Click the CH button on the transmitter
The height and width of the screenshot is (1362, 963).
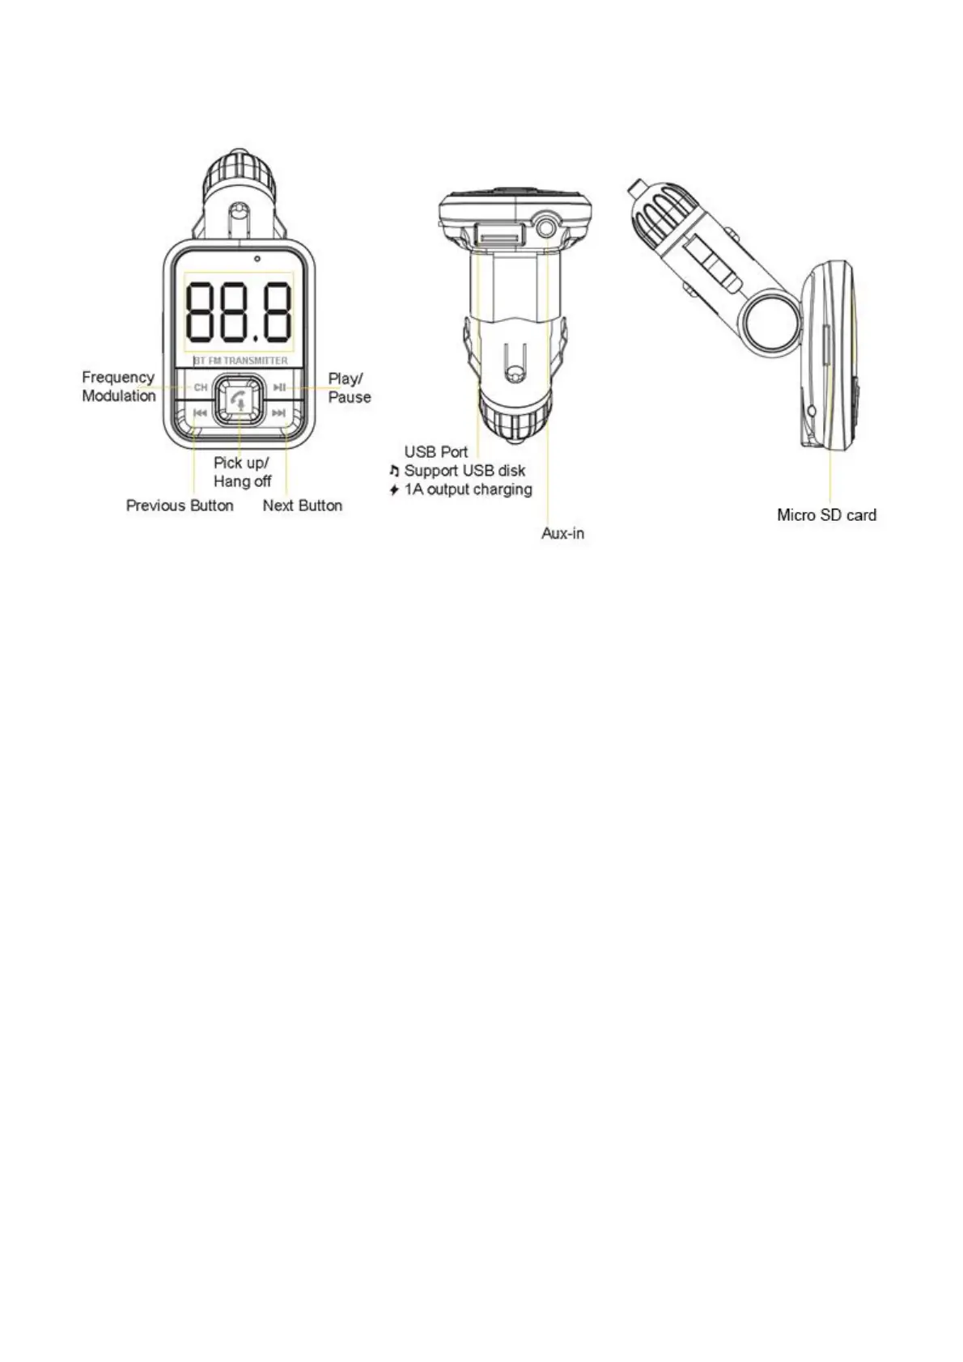click(201, 388)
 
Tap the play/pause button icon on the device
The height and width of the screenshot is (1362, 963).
click(278, 388)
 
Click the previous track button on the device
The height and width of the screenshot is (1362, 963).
click(200, 413)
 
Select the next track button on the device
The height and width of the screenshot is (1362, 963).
click(278, 413)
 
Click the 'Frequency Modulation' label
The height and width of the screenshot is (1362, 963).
click(118, 387)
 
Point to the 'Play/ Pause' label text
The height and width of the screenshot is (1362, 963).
click(349, 387)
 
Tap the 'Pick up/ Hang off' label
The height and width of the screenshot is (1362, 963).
click(242, 472)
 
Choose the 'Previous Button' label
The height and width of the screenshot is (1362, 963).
click(180, 505)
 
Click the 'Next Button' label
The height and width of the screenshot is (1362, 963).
click(302, 505)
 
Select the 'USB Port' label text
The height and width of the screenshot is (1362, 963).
click(435, 452)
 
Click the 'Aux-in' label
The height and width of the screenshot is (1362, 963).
click(562, 534)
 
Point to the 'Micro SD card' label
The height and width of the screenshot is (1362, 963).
click(826, 515)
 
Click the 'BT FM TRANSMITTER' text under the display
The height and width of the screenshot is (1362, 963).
click(240, 361)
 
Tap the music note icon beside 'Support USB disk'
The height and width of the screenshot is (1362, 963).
click(394, 471)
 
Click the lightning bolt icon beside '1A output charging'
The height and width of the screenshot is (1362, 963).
click(394, 490)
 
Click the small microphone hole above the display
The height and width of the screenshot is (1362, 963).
click(256, 260)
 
